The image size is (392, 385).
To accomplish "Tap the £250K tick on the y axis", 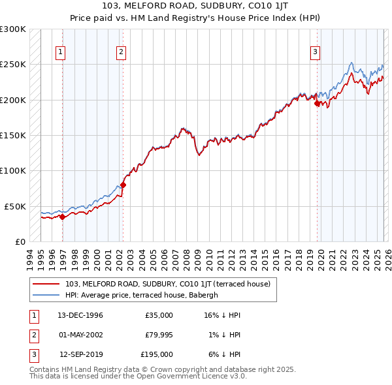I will pyautogui.click(x=13, y=65).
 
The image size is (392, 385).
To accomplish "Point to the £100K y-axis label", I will pyautogui.click(x=13, y=170).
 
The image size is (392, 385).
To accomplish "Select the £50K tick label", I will pyautogui.click(x=15, y=206).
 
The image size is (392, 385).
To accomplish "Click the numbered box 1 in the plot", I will pyautogui.click(x=61, y=52).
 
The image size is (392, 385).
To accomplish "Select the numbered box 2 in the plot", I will pyautogui.click(x=122, y=52).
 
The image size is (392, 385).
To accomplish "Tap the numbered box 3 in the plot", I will pyautogui.click(x=315, y=52).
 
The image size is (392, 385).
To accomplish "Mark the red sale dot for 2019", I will pyautogui.click(x=317, y=103).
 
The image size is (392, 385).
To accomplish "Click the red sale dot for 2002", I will pyautogui.click(x=123, y=185).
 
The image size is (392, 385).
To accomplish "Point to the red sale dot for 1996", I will pyautogui.click(x=63, y=217).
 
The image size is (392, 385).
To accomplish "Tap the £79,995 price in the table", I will pyautogui.click(x=158, y=335).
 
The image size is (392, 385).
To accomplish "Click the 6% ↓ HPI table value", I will pyautogui.click(x=223, y=354).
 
